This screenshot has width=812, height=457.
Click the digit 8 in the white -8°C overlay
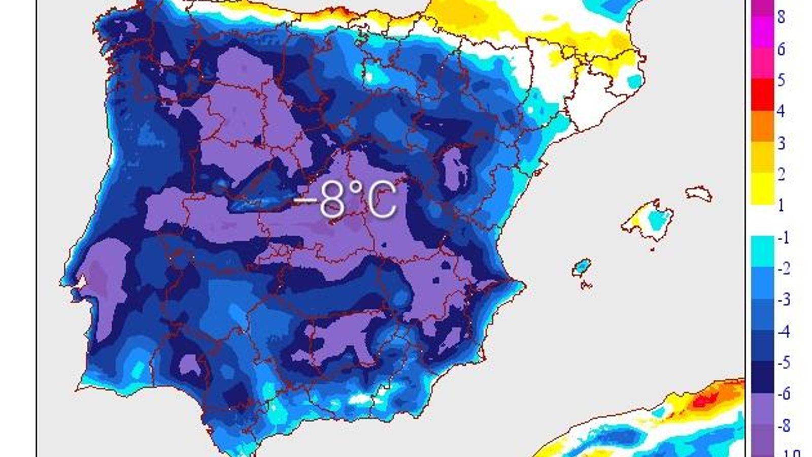(x=333, y=200)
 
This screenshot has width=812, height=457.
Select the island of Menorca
(x=699, y=193)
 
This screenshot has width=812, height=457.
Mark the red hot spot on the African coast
(x=702, y=401)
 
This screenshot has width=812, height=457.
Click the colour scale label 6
(x=781, y=49)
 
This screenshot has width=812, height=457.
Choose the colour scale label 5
(x=781, y=80)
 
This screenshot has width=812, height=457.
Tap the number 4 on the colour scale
(x=781, y=111)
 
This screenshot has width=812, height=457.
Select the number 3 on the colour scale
(x=781, y=143)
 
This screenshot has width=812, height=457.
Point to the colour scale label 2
(x=781, y=174)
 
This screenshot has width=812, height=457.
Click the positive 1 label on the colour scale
(x=781, y=205)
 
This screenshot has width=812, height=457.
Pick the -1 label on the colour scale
(x=784, y=237)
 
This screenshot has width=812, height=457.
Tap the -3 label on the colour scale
(x=784, y=300)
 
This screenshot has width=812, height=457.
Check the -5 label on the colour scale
(x=784, y=363)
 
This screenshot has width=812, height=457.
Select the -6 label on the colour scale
(x=784, y=394)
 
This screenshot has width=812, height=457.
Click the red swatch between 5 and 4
(x=762, y=94)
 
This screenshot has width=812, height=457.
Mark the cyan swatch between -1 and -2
(x=762, y=251)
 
